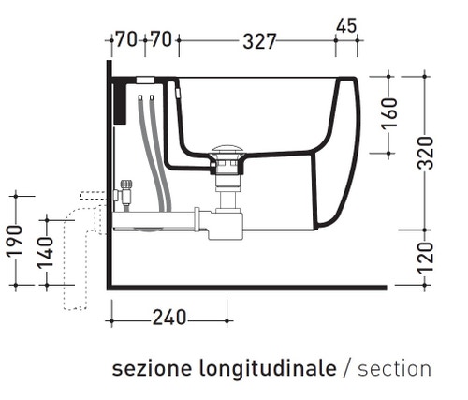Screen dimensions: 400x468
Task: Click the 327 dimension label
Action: [x=257, y=41]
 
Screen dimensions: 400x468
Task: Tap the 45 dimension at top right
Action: [x=345, y=26]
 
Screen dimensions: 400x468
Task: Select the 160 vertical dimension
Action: [x=391, y=114]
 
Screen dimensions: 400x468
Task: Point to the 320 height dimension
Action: [x=426, y=151]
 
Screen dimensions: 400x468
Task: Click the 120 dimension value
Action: [x=426, y=255]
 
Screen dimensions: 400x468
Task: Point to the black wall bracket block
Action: [x=119, y=100]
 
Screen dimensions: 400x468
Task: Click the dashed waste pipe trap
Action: [x=70, y=253]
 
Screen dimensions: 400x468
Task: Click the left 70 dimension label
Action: [x=125, y=41]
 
